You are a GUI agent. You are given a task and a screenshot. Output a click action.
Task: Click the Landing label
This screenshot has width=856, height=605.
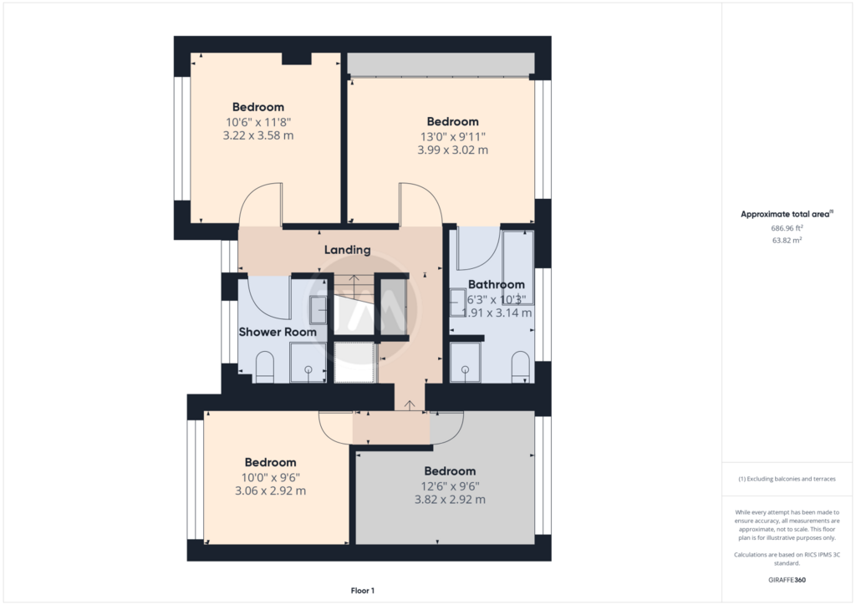coord(347,250)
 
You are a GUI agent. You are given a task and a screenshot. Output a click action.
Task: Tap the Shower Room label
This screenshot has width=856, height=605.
coord(278,332)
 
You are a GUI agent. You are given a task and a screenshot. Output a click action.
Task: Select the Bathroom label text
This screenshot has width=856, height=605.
coord(497,284)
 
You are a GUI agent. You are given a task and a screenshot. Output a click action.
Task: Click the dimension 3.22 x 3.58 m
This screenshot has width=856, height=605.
coord(258,135)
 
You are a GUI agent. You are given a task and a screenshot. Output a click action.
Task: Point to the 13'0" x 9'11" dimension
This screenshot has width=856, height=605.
coord(452,136)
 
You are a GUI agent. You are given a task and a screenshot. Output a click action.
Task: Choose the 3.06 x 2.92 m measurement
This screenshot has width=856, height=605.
coord(270,491)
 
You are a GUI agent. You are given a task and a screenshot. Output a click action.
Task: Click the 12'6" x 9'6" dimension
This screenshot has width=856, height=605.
coord(450,486)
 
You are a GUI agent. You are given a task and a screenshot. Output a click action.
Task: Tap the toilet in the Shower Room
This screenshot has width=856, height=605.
coord(265,367)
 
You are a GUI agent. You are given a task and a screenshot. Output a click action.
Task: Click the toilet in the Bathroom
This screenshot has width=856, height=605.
coord(520,367)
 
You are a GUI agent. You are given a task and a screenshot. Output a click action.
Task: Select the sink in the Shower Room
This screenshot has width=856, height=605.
coord(318,309)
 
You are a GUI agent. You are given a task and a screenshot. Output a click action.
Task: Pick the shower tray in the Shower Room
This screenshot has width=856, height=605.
coord(308,362)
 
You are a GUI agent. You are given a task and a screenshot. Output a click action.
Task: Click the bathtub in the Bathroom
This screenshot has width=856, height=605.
coord(517,267)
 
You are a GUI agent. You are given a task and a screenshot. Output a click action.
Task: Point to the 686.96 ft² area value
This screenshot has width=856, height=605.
coord(787,228)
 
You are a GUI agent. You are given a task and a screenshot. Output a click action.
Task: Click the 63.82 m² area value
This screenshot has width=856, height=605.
coord(787,240)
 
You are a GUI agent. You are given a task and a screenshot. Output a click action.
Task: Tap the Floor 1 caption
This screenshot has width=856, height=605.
coord(363,590)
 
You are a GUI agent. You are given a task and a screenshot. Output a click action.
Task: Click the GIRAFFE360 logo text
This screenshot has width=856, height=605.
coord(787,580)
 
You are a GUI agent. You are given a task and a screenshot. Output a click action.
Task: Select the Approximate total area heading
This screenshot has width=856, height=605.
coord(787,214)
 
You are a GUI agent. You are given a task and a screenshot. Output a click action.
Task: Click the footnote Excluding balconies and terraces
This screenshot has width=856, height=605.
coord(787,479)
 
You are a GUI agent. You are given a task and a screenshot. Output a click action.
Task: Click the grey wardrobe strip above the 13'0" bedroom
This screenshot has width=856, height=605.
coord(441,64)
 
